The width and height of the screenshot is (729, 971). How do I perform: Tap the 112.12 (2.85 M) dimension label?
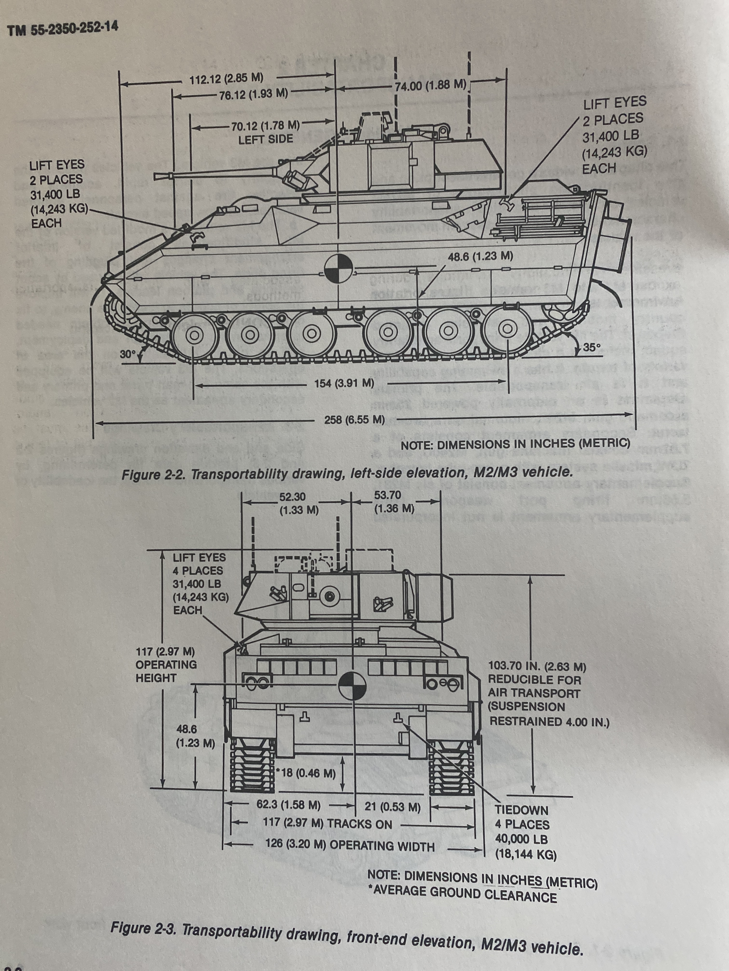[226, 79]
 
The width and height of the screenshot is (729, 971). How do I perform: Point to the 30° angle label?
[128, 354]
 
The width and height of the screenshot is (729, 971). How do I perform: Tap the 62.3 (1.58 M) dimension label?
[288, 805]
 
